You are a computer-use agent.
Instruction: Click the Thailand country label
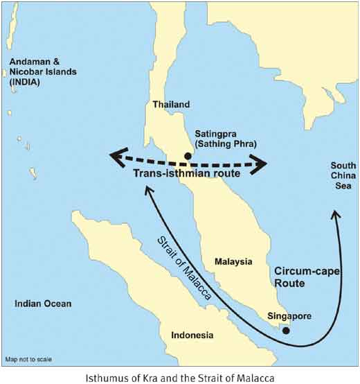170,105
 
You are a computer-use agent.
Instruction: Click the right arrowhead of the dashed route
262,164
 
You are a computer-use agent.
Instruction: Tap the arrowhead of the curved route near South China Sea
335,215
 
